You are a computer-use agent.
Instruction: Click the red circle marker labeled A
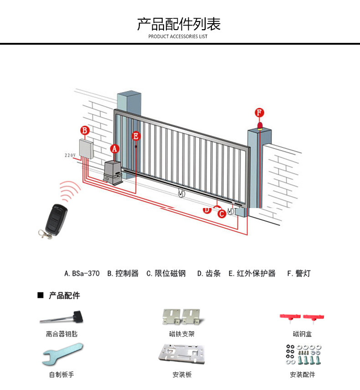point(115,148)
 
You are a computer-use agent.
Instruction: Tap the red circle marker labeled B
point(84,130)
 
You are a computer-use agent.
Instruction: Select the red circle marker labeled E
point(135,135)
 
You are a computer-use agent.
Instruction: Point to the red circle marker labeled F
point(259,113)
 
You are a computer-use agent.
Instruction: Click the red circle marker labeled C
point(221,213)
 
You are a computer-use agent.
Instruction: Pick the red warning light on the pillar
point(260,126)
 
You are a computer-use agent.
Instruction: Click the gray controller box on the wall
point(86,148)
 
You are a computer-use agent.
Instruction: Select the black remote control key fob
point(55,216)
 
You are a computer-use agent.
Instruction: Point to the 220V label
point(70,155)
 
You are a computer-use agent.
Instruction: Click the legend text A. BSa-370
point(82,274)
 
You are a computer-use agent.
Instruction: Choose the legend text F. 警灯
point(298,274)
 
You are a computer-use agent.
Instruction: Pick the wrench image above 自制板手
point(63,354)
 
